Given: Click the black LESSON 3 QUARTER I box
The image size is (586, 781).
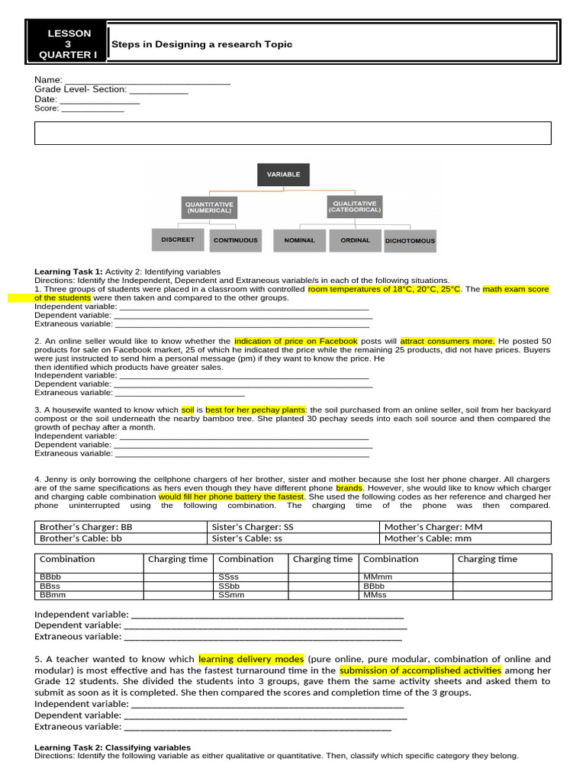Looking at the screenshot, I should pos(69,44).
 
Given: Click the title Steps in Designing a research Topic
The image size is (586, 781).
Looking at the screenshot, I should pos(202,44).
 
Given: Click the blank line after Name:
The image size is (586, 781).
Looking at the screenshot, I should pos(147,80).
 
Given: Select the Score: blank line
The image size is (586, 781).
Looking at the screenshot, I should pos(92,109).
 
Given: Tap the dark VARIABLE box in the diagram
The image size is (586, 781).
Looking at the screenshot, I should pos(283,175).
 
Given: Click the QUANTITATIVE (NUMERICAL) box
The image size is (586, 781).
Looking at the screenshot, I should pos(208,207).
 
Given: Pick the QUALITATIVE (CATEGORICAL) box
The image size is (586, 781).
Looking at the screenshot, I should pos(353,207).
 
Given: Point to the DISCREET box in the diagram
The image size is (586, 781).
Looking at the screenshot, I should pos(178,239).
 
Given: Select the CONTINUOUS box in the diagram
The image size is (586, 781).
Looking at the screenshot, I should pos(235,240).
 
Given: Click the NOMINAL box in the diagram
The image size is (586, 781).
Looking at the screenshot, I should pos(299,240).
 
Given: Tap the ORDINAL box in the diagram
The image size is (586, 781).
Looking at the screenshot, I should pos(356,240).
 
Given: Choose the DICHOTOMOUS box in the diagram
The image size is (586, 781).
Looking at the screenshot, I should pos(411,241).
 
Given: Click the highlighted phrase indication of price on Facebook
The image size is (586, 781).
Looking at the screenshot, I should pos(296,341).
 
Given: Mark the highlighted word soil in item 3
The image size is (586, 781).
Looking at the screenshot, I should pos(188,410).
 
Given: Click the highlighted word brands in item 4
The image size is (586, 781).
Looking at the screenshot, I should pos(349,487).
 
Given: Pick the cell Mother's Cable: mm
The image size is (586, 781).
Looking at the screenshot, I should pos(465,538).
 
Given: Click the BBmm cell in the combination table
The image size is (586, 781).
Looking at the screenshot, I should pos(90,594).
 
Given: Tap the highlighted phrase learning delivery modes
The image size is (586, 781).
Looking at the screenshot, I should pos(251,659).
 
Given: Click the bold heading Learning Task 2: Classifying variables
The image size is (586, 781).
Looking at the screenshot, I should pos(113,747).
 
